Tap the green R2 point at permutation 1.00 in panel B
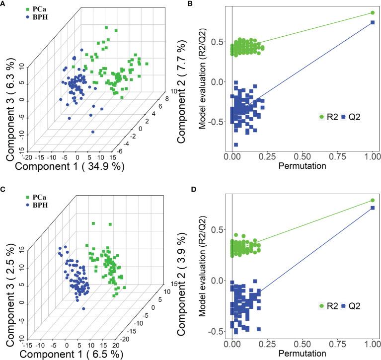point(373,13)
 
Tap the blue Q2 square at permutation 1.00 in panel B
point(373,22)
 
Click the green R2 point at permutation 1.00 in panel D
point(373,200)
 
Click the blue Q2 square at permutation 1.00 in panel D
point(373,208)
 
